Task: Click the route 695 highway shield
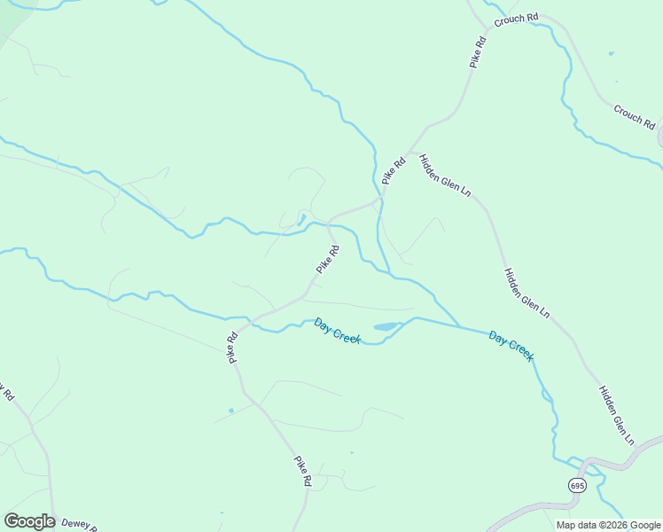[x=577, y=486]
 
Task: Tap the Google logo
[x=29, y=521]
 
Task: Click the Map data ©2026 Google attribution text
[x=609, y=525]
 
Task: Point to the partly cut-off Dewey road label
[x=77, y=524]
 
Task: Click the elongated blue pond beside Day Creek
[x=386, y=327]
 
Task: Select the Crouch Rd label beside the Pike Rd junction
[x=517, y=19]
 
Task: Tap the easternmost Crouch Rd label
[x=633, y=114]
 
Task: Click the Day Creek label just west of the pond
[x=337, y=332]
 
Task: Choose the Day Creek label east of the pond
[x=511, y=346]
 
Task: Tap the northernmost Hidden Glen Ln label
[x=445, y=175]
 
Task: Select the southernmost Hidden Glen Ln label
[x=617, y=415]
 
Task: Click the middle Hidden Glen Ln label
[x=527, y=293]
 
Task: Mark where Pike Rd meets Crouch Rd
[x=487, y=27]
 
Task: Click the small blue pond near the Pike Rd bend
[x=301, y=218]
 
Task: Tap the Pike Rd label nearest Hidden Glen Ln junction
[x=394, y=170]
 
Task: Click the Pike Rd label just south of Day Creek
[x=232, y=348]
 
